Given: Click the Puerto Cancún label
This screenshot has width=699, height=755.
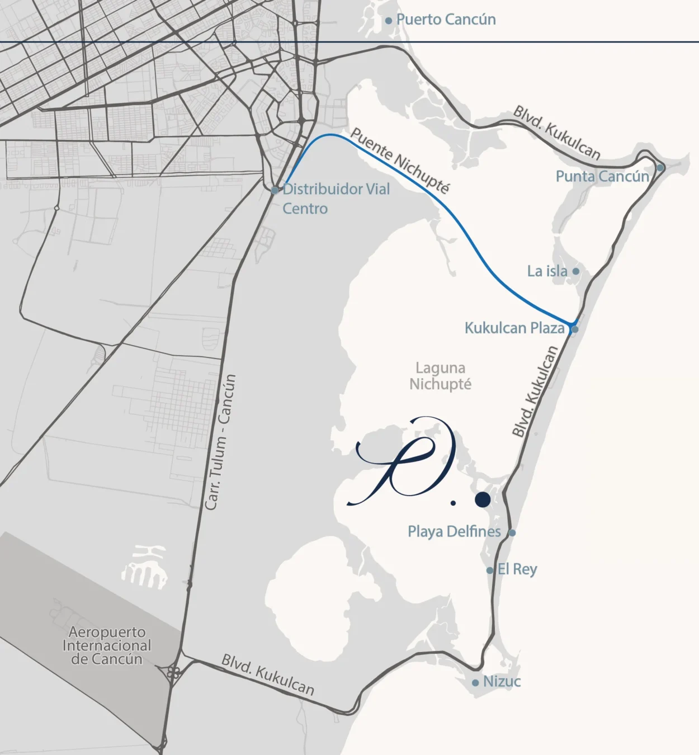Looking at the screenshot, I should point(446,20).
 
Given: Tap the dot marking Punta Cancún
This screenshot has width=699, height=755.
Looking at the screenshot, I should point(660,168).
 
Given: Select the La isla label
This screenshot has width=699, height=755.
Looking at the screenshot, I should point(547,271).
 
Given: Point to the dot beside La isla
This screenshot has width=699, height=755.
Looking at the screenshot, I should point(575,271).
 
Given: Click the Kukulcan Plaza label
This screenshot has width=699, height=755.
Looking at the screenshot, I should point(514,328).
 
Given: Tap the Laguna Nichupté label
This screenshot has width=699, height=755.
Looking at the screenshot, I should point(440,376).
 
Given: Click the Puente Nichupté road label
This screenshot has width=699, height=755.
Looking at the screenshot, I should point(399,161).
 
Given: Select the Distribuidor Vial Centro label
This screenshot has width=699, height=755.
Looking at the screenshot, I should point(336,199).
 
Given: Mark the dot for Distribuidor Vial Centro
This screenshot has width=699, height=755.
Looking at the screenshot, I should point(275,191).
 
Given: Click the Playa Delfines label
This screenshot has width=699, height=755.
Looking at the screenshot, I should point(454,531).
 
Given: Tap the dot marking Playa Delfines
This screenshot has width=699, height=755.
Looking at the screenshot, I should point(512,532).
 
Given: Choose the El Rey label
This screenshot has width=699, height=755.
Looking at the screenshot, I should point(517,569).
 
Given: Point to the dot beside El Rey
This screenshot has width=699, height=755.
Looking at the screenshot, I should point(490,570).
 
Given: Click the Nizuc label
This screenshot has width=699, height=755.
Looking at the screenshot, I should point(502,682).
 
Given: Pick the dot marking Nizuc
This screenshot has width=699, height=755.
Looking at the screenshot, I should point(475,683).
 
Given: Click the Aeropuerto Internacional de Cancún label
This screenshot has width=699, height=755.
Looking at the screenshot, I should point(107,645).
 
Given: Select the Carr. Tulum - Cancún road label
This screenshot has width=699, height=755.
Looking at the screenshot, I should point(220,442).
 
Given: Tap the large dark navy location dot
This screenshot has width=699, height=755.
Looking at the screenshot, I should point(483,499).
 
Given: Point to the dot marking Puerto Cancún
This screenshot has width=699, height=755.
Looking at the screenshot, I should point(389,21).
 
